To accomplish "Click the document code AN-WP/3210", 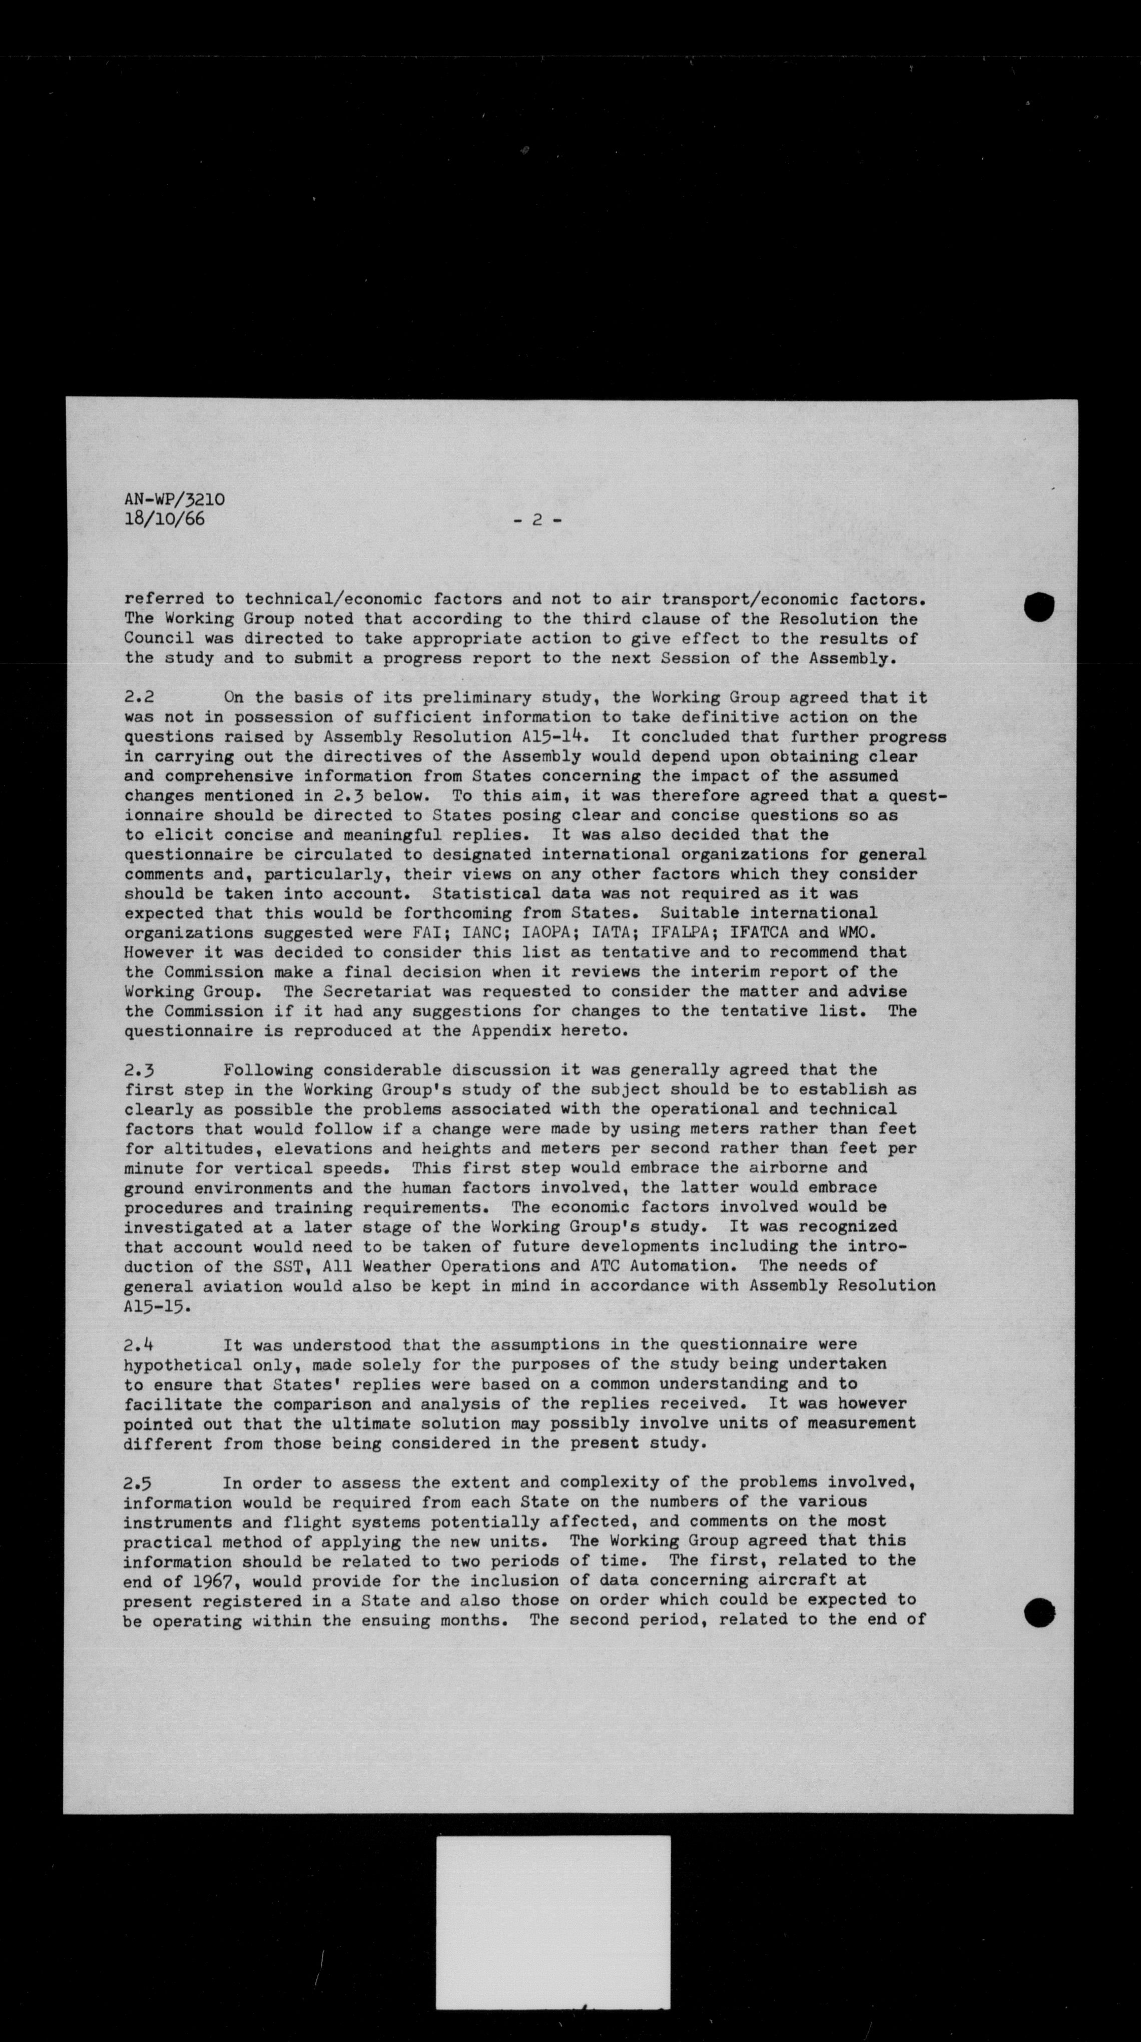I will (x=174, y=500).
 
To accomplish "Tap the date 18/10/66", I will (x=164, y=520).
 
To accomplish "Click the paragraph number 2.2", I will (x=140, y=698).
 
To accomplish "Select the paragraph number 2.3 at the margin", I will (x=140, y=1070).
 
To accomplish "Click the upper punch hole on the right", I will (x=1039, y=607).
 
